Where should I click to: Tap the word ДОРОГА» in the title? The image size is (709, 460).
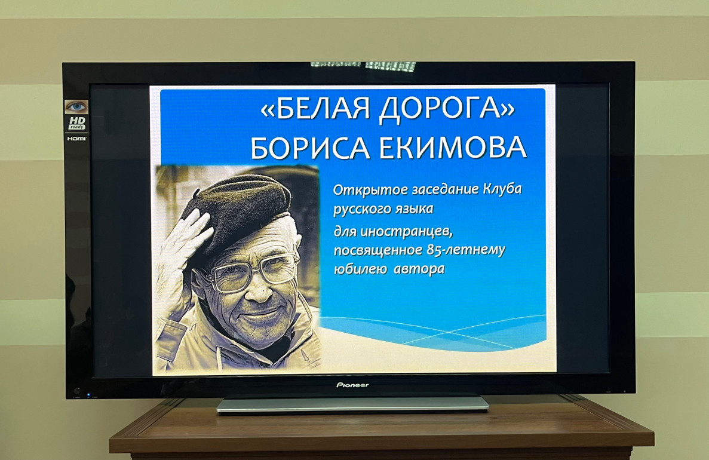(x=447, y=109)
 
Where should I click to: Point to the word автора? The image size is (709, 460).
(x=419, y=269)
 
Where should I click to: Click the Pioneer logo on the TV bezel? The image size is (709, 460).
(x=352, y=385)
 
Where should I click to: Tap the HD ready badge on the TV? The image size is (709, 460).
(x=77, y=124)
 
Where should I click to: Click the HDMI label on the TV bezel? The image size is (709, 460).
(x=77, y=139)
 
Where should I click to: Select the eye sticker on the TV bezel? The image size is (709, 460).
(x=76, y=107)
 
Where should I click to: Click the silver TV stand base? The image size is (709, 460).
(x=352, y=404)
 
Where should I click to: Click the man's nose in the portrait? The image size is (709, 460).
(x=259, y=290)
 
